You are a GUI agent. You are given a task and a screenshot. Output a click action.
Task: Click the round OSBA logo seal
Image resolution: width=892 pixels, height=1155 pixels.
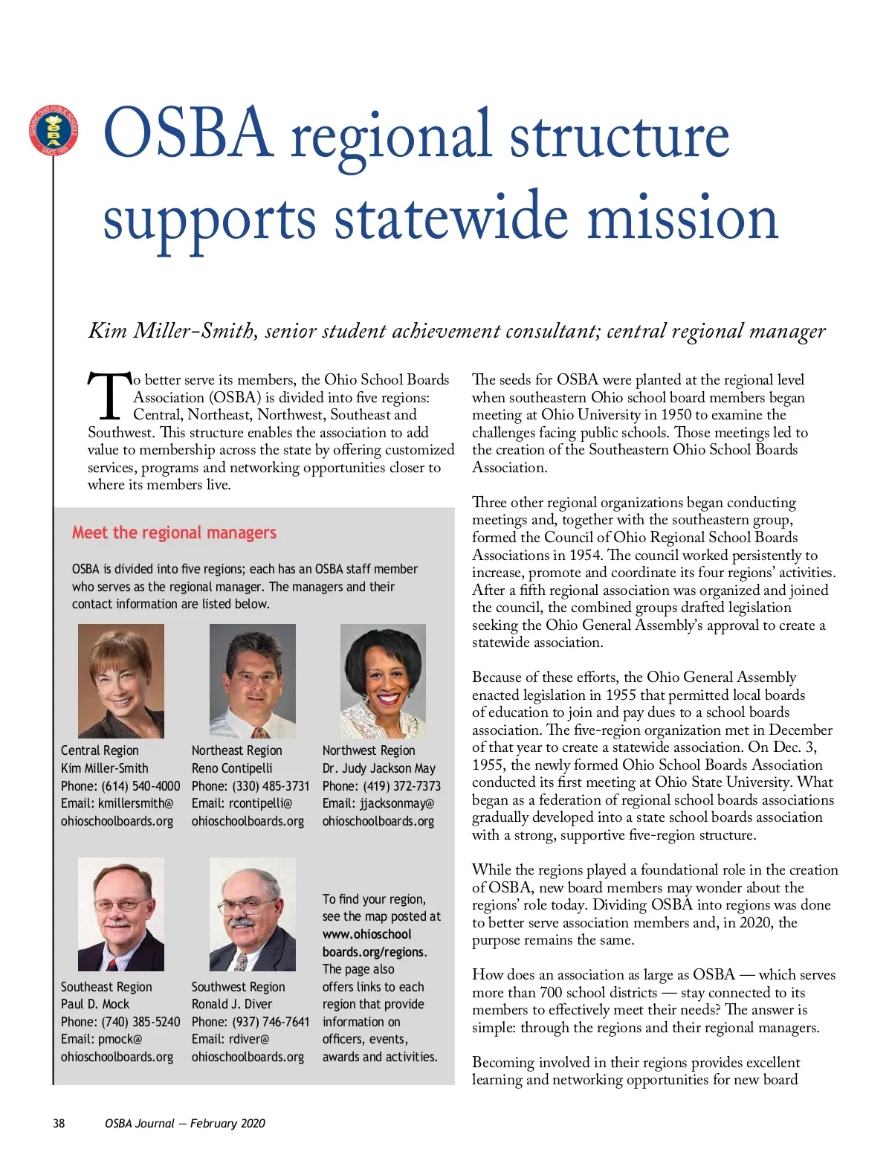tap(54, 131)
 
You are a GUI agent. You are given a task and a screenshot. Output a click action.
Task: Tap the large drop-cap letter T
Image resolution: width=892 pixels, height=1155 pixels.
tap(109, 395)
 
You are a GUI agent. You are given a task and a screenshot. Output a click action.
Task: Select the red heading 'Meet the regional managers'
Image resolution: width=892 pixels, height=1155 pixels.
tap(174, 533)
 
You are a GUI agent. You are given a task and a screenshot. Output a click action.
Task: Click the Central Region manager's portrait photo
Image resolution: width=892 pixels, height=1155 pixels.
tap(121, 681)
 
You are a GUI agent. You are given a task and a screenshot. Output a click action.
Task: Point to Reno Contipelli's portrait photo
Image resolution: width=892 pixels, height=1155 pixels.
tap(252, 681)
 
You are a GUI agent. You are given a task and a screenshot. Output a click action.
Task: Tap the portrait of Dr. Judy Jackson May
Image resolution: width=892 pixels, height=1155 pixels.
tap(383, 681)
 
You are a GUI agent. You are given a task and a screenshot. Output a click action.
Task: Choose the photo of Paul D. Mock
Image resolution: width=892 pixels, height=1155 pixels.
tap(121, 914)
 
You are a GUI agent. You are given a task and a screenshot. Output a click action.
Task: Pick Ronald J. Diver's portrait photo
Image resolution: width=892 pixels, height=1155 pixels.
tap(252, 914)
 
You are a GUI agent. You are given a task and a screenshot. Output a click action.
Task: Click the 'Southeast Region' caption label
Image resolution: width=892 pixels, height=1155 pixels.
tap(106, 987)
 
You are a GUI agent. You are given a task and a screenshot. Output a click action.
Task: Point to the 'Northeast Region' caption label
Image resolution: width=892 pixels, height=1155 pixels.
tap(237, 750)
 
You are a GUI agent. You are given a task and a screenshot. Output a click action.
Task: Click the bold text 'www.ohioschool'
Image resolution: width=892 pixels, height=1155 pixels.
tap(366, 934)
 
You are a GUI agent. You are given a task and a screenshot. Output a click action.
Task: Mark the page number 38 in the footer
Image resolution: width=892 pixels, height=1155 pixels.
tap(59, 1123)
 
